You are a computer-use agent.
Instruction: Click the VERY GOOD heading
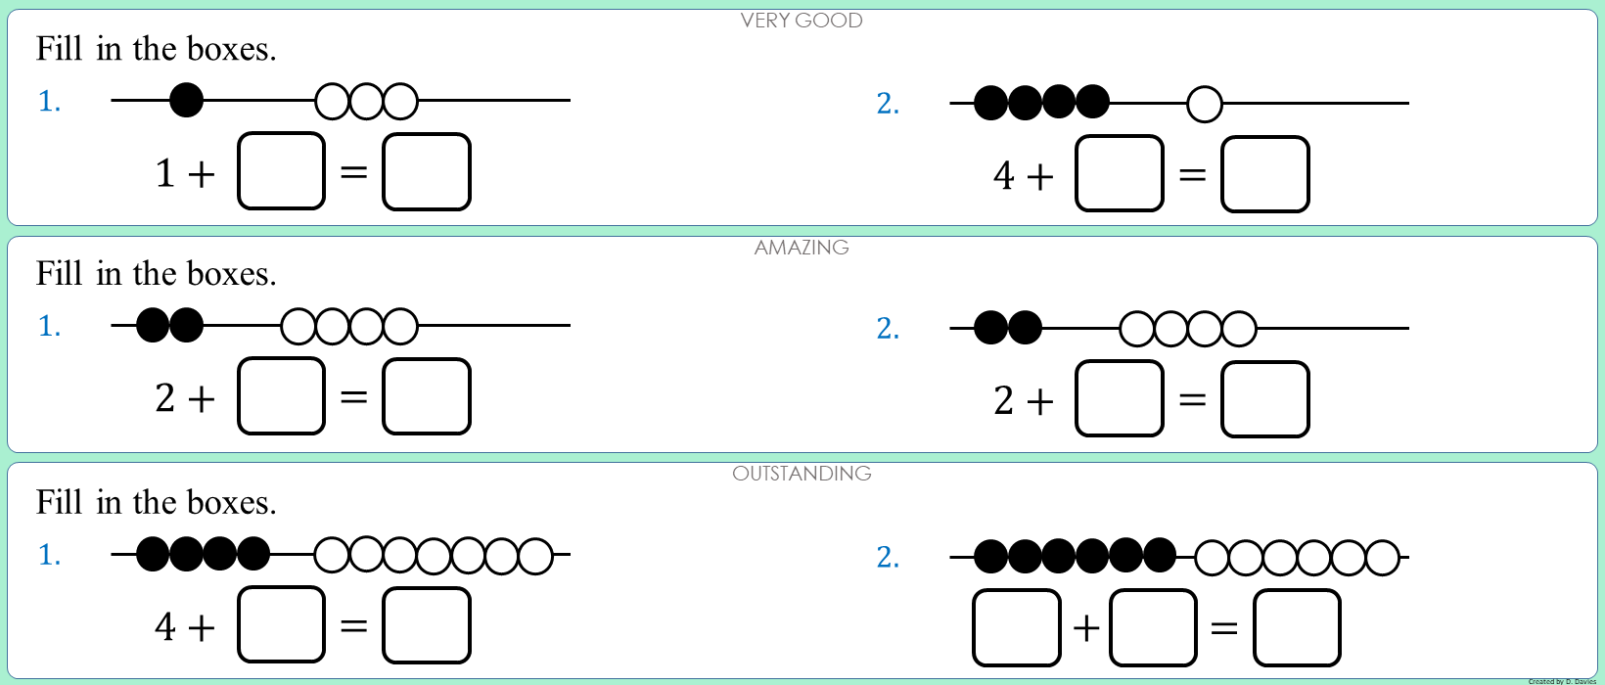(x=802, y=21)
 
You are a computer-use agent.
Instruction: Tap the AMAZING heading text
(x=802, y=248)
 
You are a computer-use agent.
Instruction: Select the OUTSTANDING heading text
(x=802, y=474)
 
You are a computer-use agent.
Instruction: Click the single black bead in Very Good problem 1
(x=186, y=100)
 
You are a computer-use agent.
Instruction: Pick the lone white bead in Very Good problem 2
(x=1205, y=104)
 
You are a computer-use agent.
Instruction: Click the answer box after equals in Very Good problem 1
(x=426, y=172)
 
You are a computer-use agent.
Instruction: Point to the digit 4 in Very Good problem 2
(x=1004, y=175)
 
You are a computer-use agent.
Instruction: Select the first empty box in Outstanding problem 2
(x=1016, y=627)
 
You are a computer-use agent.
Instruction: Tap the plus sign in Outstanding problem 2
(x=1086, y=627)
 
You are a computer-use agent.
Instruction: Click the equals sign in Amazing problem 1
(x=353, y=397)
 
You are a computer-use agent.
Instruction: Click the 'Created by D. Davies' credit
(x=1562, y=681)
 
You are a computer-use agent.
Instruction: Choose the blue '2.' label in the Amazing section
(x=888, y=329)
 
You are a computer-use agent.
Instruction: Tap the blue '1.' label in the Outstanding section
(x=49, y=555)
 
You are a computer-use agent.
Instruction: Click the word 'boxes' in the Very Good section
(x=231, y=49)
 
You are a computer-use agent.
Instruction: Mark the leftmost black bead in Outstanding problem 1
(x=153, y=554)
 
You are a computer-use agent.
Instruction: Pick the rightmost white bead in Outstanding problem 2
(x=1382, y=558)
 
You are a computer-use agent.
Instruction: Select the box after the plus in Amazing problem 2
(x=1119, y=398)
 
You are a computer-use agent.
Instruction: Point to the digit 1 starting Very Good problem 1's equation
(x=164, y=173)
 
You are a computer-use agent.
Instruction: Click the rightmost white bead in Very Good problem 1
(x=400, y=101)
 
